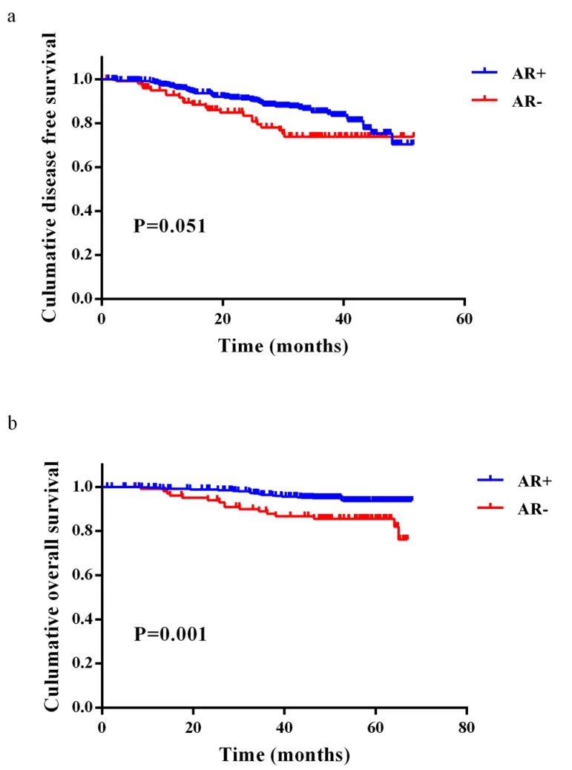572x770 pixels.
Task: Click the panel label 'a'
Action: (x=11, y=16)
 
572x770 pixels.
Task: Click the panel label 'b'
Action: (x=11, y=425)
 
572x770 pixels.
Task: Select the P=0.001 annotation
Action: (x=169, y=634)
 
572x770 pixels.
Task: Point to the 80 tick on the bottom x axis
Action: (x=467, y=729)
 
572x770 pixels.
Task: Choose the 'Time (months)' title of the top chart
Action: (x=283, y=346)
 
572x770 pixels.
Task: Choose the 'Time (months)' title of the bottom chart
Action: (x=284, y=755)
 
